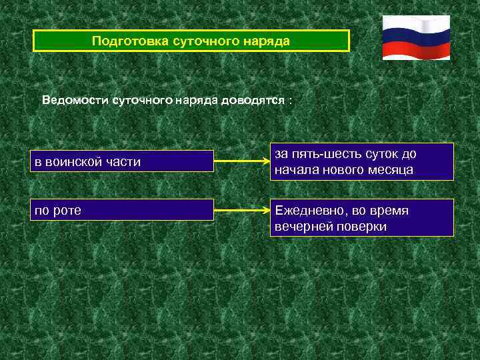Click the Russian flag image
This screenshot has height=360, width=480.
pyautogui.click(x=416, y=37)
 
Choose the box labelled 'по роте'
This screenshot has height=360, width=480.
pyautogui.click(x=123, y=211)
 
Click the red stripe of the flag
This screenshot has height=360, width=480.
pyautogui.click(x=416, y=51)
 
